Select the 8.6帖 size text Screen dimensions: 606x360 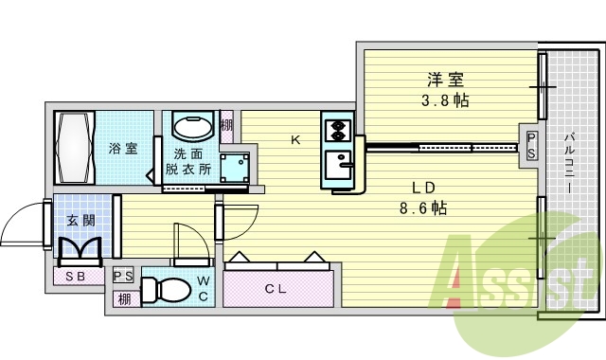coord(422,207)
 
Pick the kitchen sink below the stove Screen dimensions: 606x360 coord(337,168)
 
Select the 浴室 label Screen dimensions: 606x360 coord(122,149)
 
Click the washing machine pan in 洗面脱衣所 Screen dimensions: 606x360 coord(234,166)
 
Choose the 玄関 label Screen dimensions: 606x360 coord(80,221)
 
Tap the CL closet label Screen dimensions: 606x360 coord(276,288)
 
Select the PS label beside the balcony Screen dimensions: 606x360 coord(532,145)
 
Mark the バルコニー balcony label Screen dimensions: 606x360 coord(571,161)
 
